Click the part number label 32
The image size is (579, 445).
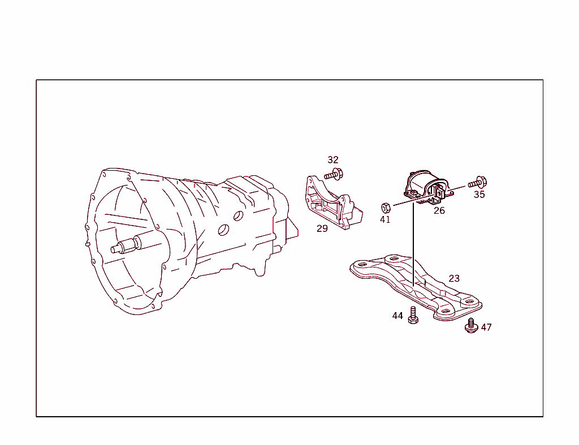(333, 160)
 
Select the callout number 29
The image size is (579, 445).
(322, 228)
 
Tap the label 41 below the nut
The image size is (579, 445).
(385, 219)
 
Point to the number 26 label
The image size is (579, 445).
(439, 211)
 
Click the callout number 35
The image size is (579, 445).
(479, 195)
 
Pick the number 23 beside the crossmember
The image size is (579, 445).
(454, 278)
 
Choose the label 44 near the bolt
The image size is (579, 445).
(397, 316)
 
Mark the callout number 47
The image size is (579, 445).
(486, 327)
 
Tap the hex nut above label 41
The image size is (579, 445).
(384, 206)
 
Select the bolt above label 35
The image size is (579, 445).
(478, 183)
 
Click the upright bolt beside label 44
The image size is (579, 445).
(413, 315)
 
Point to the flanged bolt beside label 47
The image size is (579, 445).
(471, 326)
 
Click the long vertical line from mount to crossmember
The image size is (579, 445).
(414, 243)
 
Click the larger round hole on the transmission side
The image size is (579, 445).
(224, 229)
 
